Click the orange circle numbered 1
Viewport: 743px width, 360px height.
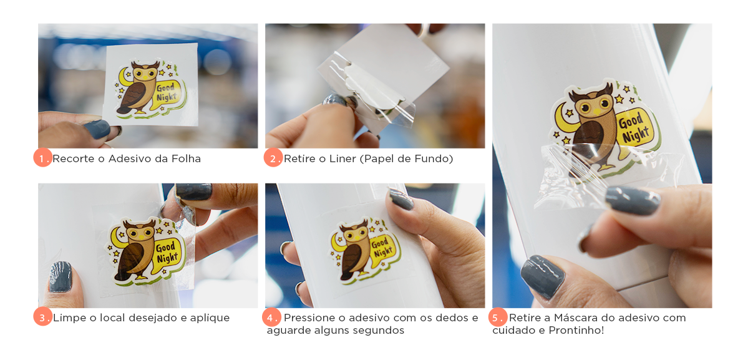(42, 158)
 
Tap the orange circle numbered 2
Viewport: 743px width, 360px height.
(273, 158)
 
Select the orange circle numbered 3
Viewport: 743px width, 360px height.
(42, 318)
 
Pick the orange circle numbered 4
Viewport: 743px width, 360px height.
(271, 317)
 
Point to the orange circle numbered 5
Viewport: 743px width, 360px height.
(498, 317)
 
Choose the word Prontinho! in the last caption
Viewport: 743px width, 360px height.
(576, 330)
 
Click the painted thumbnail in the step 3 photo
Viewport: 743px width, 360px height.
(60, 276)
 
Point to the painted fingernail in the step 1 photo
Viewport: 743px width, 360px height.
(97, 129)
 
